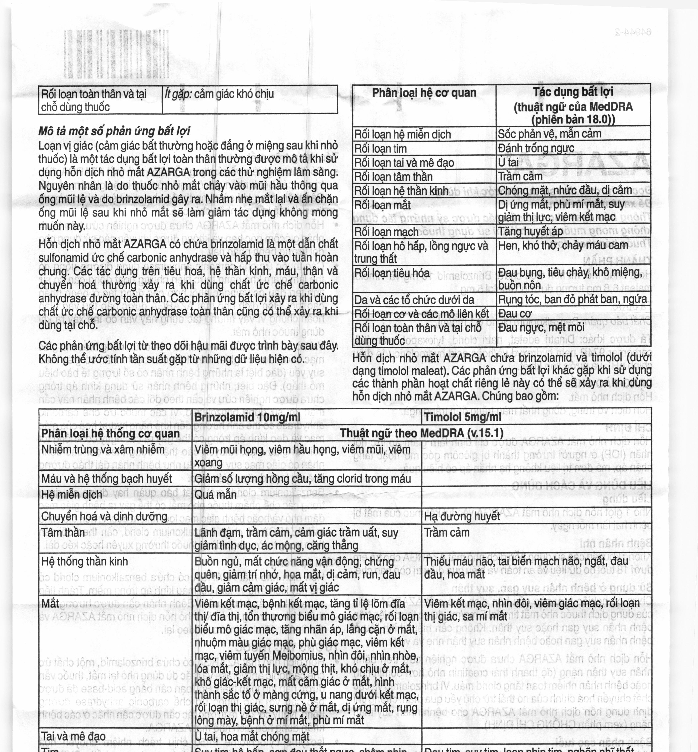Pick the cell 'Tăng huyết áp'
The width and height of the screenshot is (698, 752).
(530, 231)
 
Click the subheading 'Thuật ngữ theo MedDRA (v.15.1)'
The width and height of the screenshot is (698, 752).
(421, 433)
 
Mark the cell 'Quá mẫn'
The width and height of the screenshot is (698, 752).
(215, 494)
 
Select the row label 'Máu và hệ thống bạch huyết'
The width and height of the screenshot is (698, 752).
(107, 479)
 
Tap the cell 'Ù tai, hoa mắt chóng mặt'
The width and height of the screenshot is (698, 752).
(252, 736)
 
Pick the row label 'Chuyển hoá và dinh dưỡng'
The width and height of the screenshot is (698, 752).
(104, 516)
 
